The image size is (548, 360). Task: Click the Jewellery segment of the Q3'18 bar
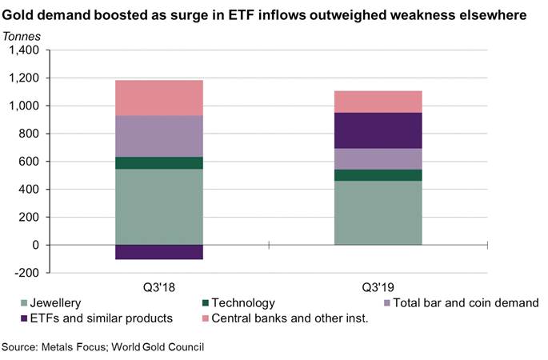(158, 206)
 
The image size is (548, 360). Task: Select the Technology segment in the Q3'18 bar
(158, 162)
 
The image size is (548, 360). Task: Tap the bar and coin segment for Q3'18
(158, 136)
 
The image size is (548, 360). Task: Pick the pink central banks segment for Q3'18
(158, 98)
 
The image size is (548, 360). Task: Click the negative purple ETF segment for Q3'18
(158, 252)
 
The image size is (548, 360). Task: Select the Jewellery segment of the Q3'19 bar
(378, 213)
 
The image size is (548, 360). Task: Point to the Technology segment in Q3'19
(378, 175)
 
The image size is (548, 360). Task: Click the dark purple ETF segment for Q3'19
(378, 130)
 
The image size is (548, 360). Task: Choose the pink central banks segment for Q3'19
(378, 102)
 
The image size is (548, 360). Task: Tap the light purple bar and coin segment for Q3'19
(378, 158)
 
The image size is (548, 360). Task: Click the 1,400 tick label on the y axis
(24, 50)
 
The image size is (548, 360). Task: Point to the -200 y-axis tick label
(26, 273)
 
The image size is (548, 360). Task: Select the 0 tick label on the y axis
(36, 245)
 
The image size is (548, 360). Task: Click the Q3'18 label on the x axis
(158, 286)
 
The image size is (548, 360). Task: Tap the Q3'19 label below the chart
(378, 286)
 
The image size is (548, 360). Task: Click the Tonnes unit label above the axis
(23, 36)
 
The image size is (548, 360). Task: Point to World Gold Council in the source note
(158, 347)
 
